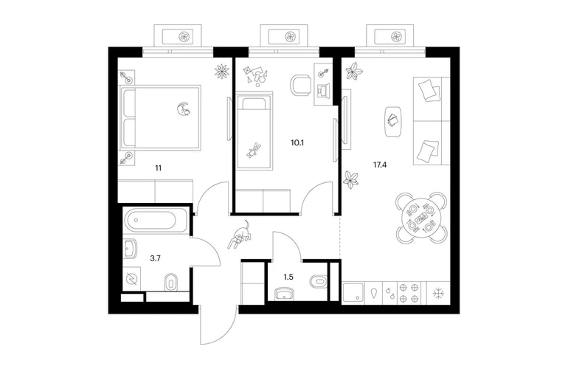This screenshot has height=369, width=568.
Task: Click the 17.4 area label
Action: [380, 165]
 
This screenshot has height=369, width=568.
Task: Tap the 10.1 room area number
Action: [297, 142]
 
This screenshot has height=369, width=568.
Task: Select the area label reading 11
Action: [159, 168]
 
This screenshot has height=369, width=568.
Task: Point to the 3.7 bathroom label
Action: [156, 258]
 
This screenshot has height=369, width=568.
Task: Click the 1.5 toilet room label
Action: [288, 277]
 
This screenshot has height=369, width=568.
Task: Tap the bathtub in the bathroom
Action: [150, 220]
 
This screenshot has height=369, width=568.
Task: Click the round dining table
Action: [420, 218]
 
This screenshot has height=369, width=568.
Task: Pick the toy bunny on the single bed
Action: [252, 150]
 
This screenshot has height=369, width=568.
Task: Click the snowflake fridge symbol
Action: [439, 293]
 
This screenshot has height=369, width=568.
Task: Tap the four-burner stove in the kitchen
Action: [409, 293]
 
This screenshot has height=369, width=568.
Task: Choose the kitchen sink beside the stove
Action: [353, 293]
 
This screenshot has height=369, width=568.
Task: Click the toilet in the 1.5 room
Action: [318, 281]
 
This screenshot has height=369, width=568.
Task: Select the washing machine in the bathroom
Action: [131, 279]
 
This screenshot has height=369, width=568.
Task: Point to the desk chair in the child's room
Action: [301, 86]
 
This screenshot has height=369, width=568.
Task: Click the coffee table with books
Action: [392, 122]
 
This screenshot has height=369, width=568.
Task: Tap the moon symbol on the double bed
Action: [183, 108]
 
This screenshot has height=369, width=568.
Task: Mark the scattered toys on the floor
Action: [257, 75]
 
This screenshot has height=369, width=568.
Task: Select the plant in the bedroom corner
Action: [222, 71]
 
